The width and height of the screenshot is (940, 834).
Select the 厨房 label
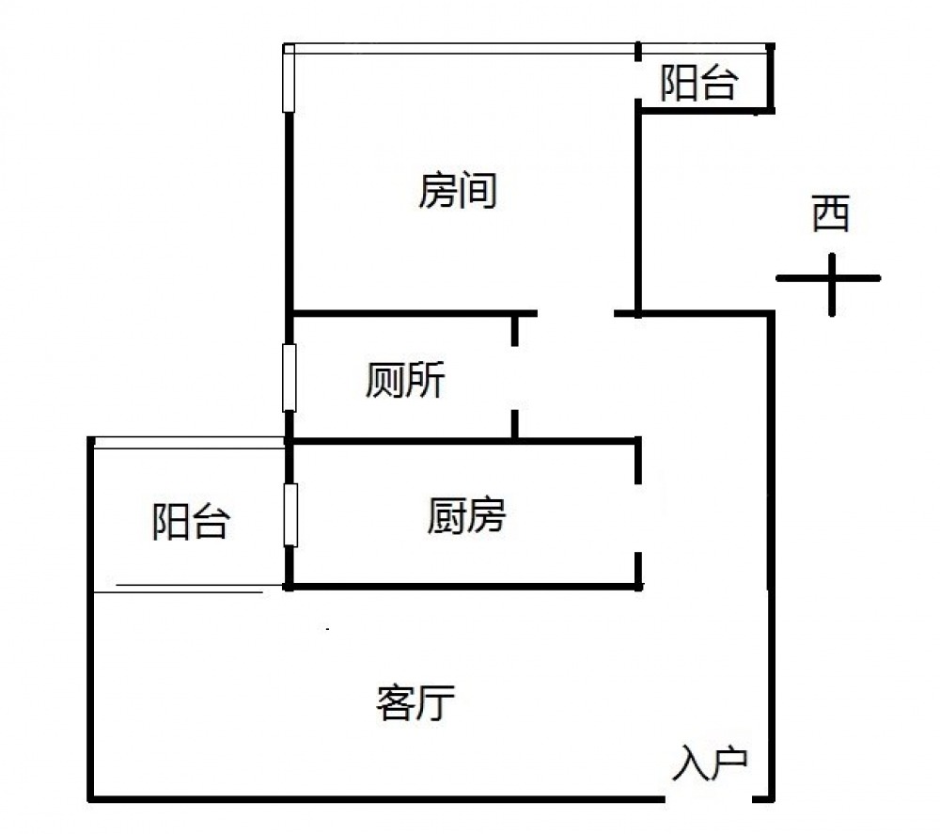pos(466,516)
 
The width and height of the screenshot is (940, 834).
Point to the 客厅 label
pos(416,702)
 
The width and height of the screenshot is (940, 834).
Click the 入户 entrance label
pos(711,763)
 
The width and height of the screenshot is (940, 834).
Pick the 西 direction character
pos(831,214)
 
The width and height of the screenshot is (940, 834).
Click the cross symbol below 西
pos(830,279)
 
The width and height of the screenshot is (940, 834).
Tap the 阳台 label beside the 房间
pos(697,84)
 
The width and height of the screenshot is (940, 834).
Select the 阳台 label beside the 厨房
pos(191,522)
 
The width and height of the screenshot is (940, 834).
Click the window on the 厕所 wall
pos(290,377)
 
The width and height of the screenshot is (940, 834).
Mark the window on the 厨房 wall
pos(290,514)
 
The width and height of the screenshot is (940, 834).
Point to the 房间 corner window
pos(290,79)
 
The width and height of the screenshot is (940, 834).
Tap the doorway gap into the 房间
pos(575,312)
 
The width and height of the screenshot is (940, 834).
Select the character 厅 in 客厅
pos(437,702)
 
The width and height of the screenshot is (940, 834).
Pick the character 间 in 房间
pos(477,192)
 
